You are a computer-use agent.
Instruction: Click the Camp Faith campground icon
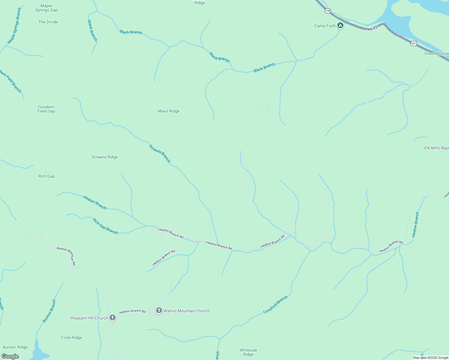340,25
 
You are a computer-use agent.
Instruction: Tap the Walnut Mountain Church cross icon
159,310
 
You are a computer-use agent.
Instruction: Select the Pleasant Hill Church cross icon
113,318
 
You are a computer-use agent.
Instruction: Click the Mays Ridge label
169,111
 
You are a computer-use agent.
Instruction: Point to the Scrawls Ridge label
104,157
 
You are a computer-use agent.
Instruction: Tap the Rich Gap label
47,176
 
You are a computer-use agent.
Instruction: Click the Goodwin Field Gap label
46,109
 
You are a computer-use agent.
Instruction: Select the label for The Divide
48,22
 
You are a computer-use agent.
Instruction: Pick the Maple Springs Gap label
46,8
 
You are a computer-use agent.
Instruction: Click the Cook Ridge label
71,337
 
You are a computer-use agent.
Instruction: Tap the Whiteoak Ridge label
249,352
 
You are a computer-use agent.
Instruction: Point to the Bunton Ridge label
15,347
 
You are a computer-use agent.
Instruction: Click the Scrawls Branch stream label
160,154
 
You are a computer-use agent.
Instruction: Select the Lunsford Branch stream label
276,304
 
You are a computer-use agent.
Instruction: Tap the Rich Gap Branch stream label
105,226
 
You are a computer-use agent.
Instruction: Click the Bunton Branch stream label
49,311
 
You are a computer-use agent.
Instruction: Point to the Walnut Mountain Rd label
66,256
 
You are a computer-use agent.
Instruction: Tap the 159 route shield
328,11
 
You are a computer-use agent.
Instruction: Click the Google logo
10,356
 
